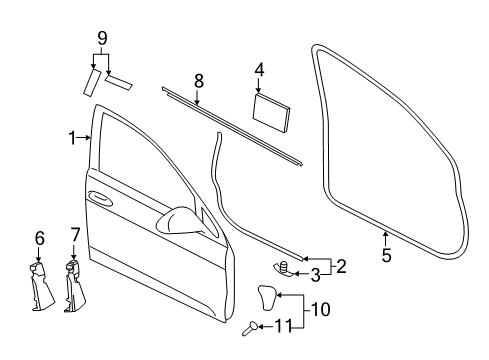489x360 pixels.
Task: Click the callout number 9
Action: coord(102,38)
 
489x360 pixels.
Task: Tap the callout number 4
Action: coord(259,70)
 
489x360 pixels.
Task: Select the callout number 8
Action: coord(199,81)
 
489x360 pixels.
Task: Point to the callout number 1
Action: coord(72,138)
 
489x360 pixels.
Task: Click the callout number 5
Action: coord(386,255)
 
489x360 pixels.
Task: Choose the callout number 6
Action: coord(40,239)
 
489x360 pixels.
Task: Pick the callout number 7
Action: coord(75,235)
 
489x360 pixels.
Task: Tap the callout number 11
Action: coord(283,326)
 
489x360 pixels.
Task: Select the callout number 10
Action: coord(321,309)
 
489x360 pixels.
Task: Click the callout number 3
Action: coord(315,276)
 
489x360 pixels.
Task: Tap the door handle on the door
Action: coord(100,197)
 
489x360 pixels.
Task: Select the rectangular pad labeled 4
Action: coord(271,113)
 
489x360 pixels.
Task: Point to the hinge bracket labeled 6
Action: coord(41,286)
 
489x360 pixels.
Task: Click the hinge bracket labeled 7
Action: coord(75,287)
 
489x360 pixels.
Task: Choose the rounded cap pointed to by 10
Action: coord(267,297)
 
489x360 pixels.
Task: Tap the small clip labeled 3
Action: coord(284,269)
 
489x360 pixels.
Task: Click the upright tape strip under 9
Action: coord(91,83)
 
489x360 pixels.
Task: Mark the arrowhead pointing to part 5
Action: coord(385,233)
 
